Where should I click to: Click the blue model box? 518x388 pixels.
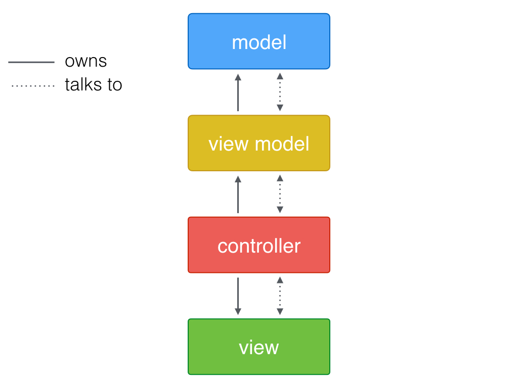click(258, 41)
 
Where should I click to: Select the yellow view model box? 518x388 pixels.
click(258, 143)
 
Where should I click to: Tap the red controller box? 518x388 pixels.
click(258, 245)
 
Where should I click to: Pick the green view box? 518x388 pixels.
click(258, 347)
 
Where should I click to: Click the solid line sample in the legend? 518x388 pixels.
click(31, 62)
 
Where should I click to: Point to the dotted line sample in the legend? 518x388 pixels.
click(32, 86)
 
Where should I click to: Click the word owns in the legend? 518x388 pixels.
click(85, 61)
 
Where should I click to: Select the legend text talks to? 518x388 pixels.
click(94, 84)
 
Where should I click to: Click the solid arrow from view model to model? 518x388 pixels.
click(238, 93)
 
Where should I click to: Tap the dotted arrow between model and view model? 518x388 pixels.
click(280, 92)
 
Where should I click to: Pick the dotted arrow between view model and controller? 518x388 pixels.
click(280, 194)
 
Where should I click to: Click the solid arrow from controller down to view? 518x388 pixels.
click(238, 296)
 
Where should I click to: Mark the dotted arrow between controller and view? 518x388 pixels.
click(280, 296)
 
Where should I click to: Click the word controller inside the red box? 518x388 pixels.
click(258, 246)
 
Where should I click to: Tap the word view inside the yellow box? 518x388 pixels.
click(229, 144)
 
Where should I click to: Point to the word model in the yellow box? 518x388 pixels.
click(282, 144)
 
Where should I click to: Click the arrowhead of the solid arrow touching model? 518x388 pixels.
click(238, 77)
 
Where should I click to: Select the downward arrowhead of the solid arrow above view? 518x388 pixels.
click(238, 312)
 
